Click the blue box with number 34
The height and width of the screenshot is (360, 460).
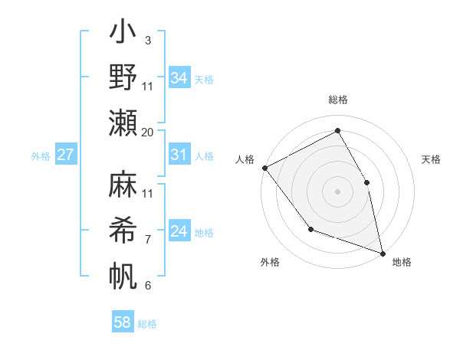(x=179, y=77)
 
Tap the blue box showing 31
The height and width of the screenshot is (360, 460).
(x=179, y=155)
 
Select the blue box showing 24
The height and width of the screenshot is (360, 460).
(x=179, y=231)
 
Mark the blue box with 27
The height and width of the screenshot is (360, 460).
(x=66, y=155)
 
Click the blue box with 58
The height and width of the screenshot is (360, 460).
(x=123, y=322)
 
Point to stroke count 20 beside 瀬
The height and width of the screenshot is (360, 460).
(x=148, y=133)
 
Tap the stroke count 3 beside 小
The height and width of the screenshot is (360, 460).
(x=147, y=39)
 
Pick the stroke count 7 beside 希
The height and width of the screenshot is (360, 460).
(x=147, y=240)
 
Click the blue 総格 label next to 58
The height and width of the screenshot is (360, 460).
(x=147, y=324)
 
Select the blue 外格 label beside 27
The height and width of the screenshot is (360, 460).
(x=41, y=156)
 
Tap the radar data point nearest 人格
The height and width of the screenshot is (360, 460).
(x=264, y=167)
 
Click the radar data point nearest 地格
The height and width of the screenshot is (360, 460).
(x=382, y=252)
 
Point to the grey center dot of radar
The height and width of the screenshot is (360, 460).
(x=337, y=191)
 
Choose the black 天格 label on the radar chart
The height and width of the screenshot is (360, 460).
(x=431, y=159)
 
